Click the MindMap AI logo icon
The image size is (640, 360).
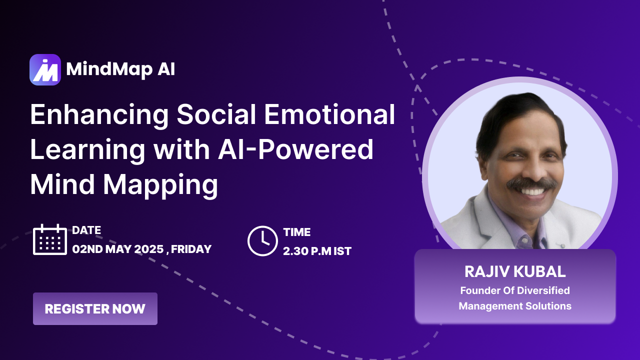45,69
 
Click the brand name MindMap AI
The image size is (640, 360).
120,69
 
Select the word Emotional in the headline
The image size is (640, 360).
329,114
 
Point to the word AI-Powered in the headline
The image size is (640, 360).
295,149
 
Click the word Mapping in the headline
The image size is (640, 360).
160,185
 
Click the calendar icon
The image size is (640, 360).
50,239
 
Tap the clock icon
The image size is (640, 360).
262,241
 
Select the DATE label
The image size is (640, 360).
86,230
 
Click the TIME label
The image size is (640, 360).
297,232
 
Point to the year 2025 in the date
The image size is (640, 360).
149,249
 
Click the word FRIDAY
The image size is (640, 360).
191,249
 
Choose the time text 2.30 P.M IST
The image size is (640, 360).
317,251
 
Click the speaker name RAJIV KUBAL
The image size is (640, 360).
515,271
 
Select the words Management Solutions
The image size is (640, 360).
515,306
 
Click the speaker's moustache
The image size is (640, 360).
531,183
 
